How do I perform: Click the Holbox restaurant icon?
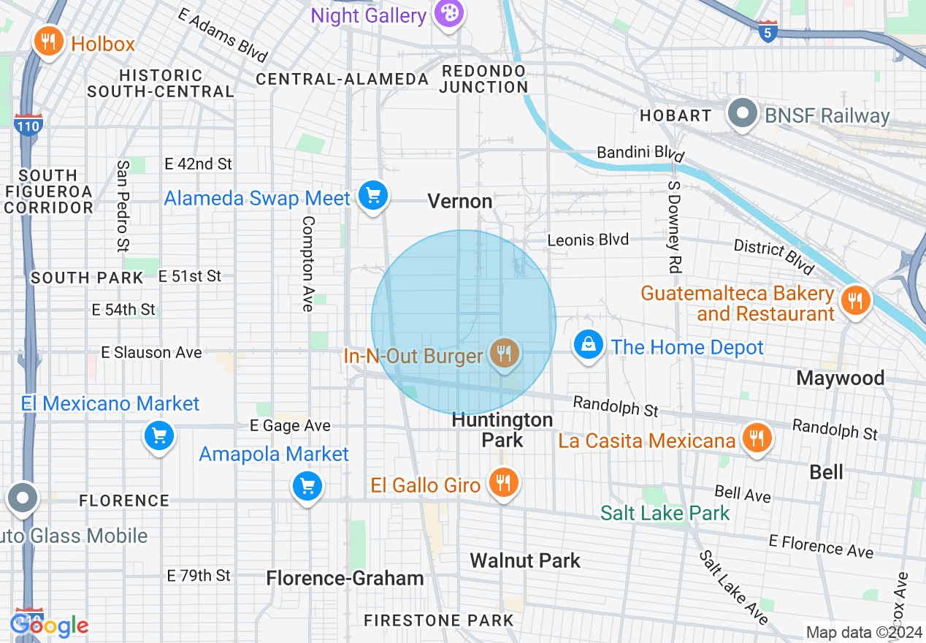[x=49, y=42]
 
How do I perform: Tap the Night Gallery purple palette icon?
[x=447, y=14]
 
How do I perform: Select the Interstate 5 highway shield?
[x=768, y=31]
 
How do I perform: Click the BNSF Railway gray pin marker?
[x=743, y=114]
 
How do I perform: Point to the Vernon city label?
[x=460, y=201]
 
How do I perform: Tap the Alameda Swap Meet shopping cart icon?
[x=373, y=196]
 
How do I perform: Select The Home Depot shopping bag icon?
[x=588, y=344]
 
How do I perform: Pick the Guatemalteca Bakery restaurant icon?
[x=854, y=300]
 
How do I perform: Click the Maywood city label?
[x=840, y=378]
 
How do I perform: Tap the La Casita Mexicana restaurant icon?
[x=757, y=438]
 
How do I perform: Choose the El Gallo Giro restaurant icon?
[x=503, y=483]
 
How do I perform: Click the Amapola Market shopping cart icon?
[x=307, y=485]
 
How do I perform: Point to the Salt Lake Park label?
[x=665, y=513]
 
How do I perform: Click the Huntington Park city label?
[x=502, y=430]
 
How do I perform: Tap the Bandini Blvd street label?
[x=640, y=153]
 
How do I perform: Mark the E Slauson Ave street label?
[x=151, y=352]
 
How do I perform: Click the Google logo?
[x=50, y=625]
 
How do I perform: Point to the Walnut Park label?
[x=525, y=560]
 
